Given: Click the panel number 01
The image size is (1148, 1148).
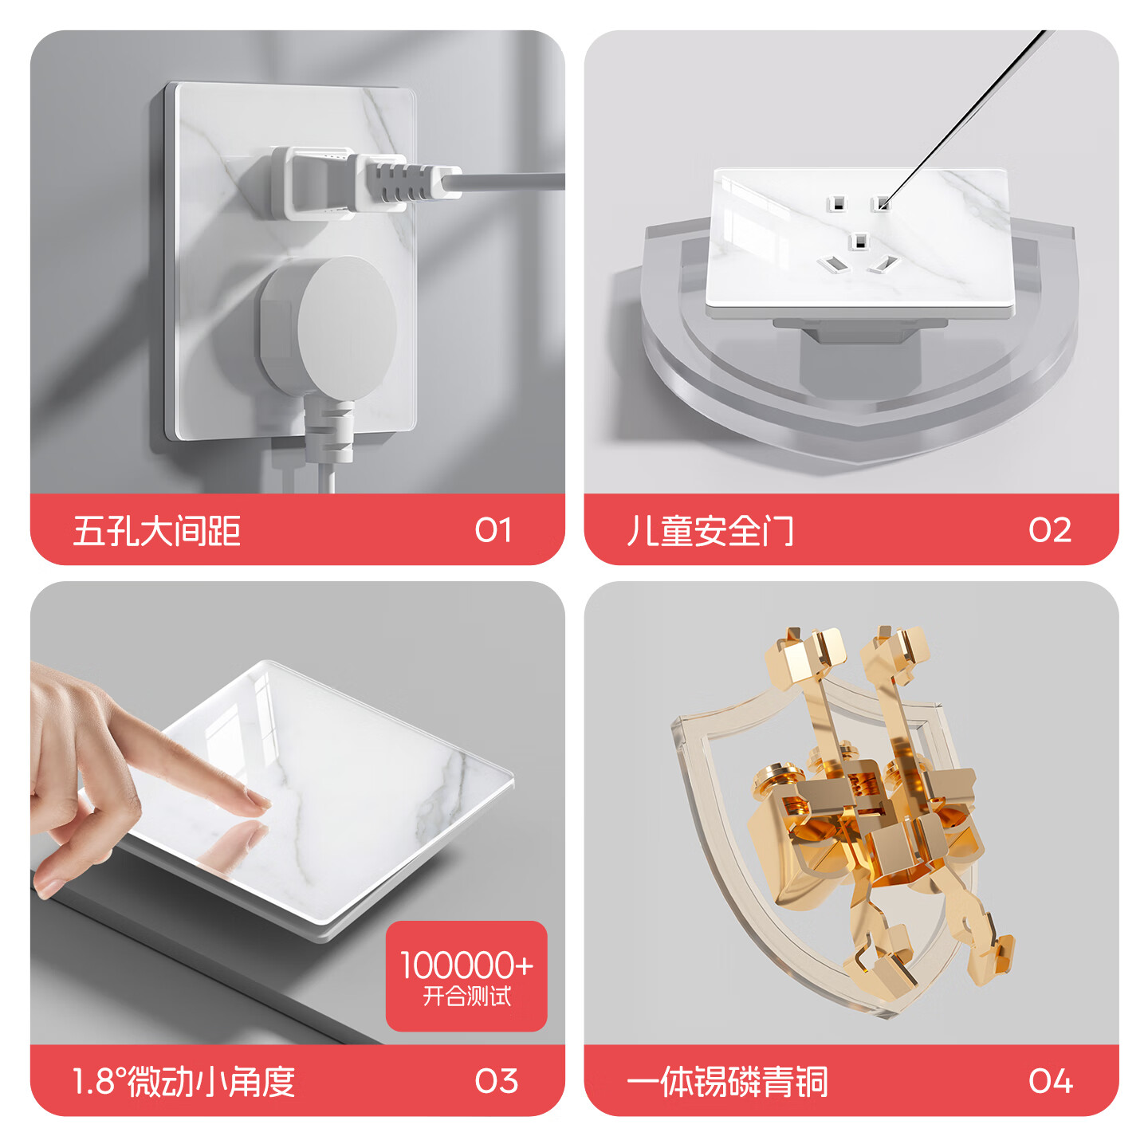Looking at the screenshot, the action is (493, 529).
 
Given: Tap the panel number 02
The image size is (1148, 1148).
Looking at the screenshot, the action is (1049, 529).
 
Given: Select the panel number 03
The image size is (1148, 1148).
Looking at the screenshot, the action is (496, 1081).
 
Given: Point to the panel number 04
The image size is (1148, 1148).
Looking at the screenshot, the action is (1050, 1081).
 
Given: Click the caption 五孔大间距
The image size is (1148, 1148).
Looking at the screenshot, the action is (157, 530).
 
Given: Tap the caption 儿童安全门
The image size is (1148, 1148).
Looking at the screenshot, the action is (710, 530).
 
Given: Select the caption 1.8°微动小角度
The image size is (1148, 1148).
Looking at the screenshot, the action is (183, 1082).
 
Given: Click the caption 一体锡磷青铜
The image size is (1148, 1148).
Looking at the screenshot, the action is (727, 1082).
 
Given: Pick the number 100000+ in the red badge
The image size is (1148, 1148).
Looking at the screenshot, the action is (466, 965).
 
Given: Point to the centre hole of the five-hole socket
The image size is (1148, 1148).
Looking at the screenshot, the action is (859, 242).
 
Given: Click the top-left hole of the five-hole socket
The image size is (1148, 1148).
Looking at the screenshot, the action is (835, 204).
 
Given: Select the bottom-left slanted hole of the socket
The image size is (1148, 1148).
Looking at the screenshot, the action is (831, 263).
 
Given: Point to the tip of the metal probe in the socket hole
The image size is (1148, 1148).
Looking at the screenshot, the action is (883, 206).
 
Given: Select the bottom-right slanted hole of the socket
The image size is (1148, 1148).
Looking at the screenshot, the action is (883, 263).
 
